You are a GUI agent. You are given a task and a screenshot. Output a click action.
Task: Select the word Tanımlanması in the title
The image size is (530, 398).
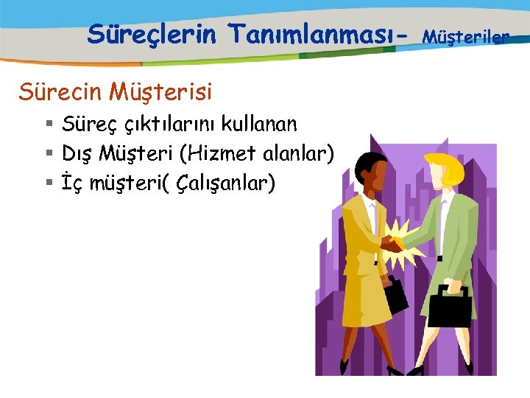click(310, 33)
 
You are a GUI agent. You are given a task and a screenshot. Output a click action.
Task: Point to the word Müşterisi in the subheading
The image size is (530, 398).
click(159, 92)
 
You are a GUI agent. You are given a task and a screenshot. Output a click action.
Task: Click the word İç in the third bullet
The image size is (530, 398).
click(71, 182)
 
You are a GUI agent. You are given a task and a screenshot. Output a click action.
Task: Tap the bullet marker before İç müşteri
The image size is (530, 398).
click(49, 182)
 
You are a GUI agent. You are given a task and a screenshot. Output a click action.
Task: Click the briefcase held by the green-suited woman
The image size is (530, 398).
click(449, 305)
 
